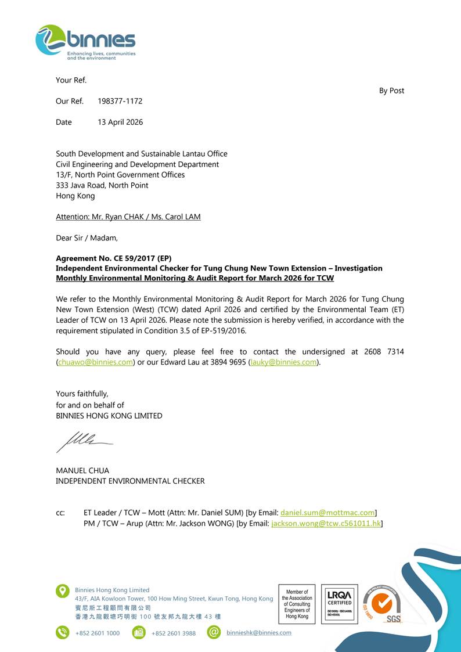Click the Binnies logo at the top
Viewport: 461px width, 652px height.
tap(85, 42)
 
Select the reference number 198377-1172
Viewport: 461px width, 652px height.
tap(120, 101)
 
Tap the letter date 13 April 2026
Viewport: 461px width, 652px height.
tap(120, 122)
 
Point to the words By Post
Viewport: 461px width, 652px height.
tap(391, 91)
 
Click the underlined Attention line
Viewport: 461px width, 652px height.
tap(128, 217)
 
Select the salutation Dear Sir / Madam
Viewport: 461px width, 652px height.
tap(87, 237)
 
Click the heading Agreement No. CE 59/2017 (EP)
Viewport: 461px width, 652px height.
tap(114, 258)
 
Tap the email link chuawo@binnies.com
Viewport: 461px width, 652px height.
tap(95, 362)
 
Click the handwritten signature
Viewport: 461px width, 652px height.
tap(84, 440)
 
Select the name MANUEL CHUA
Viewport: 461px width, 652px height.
tap(82, 470)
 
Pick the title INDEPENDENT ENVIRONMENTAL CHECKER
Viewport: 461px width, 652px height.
tap(130, 481)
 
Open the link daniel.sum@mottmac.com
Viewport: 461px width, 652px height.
tap(327, 513)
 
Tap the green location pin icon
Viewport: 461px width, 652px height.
tap(62, 591)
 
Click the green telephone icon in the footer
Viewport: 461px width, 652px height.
tap(62, 632)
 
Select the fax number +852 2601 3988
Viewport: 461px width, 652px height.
tap(174, 633)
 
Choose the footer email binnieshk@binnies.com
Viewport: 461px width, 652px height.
tap(259, 632)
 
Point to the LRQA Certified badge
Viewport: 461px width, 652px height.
tap(339, 604)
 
